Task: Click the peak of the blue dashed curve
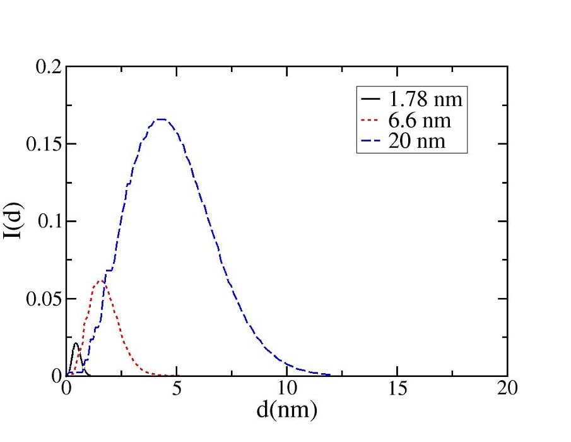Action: tap(160, 119)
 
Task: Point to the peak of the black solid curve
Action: tap(76, 343)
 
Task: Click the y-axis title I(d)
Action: tap(14, 221)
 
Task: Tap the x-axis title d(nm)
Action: tap(286, 410)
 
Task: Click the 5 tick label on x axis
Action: tap(177, 388)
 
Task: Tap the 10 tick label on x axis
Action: tap(287, 388)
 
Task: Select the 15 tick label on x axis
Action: tap(397, 388)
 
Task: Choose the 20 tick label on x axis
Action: tap(507, 388)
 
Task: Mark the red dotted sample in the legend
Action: tap(370, 121)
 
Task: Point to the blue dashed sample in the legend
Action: tap(370, 142)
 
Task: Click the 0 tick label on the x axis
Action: tap(67, 388)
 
